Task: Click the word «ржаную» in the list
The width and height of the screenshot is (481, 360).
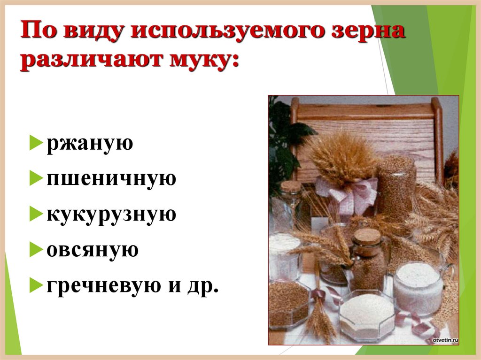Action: (90, 144)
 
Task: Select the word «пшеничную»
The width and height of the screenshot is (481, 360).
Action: (111, 179)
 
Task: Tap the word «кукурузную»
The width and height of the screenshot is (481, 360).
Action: (111, 214)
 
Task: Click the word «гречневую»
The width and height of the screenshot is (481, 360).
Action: (101, 285)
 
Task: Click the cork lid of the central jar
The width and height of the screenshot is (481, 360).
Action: (367, 236)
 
